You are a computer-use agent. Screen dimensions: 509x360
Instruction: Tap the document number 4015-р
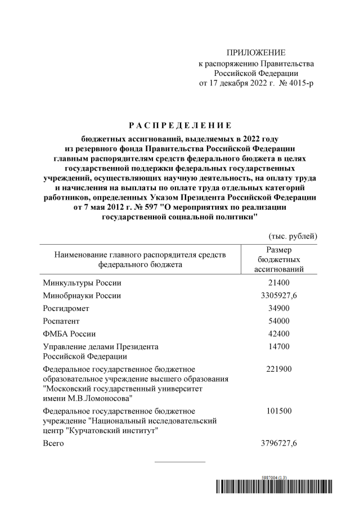click(301, 83)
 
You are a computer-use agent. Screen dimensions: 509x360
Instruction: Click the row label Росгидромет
click(66, 309)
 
